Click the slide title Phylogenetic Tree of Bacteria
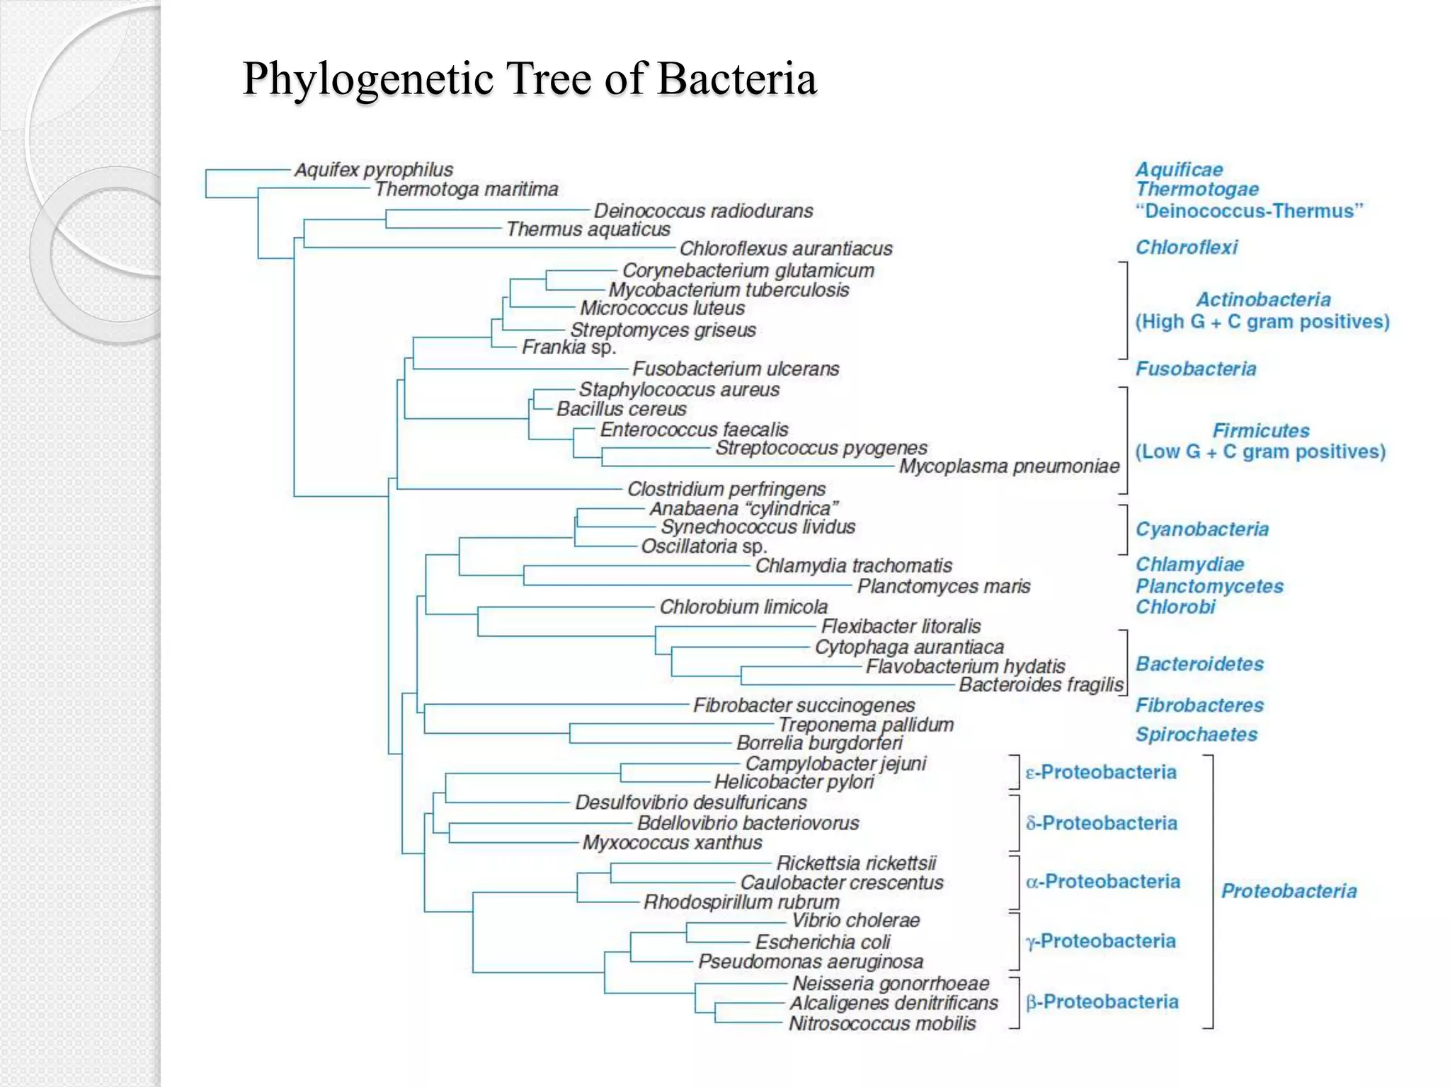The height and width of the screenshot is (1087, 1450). (530, 78)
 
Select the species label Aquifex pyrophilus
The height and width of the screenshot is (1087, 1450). (374, 170)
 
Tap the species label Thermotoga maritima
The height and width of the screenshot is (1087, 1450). (467, 189)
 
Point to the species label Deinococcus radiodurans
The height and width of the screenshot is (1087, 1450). (703, 211)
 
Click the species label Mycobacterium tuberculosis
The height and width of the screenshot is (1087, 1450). (729, 290)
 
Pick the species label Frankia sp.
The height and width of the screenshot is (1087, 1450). (569, 347)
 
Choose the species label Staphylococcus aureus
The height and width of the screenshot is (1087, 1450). (679, 389)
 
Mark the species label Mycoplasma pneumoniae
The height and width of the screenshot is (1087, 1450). (1009, 466)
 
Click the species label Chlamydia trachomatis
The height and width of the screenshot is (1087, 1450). (853, 565)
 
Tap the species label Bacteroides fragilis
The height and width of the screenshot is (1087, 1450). (1041, 684)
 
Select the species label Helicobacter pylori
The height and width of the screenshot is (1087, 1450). (794, 782)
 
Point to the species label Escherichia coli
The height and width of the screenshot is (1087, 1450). (822, 942)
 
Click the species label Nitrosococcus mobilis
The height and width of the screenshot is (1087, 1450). (882, 1023)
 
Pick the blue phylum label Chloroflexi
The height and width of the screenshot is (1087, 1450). (1187, 247)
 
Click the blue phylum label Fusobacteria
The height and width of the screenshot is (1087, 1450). (1196, 369)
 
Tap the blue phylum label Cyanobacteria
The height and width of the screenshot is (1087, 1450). (1201, 529)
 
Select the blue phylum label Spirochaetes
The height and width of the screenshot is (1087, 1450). (1197, 735)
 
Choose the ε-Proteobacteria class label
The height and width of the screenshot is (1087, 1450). (1101, 772)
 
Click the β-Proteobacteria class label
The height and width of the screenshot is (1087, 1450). (1102, 1001)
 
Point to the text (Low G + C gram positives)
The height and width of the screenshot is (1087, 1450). (1260, 452)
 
